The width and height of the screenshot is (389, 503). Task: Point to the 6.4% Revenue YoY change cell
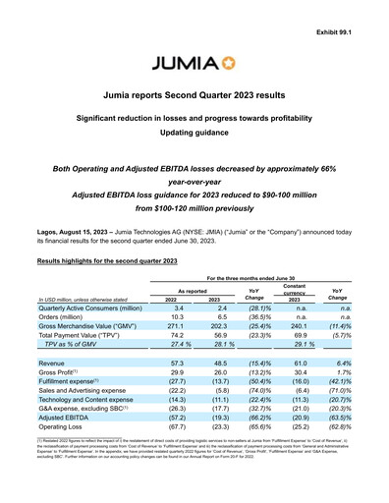coord(346,363)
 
